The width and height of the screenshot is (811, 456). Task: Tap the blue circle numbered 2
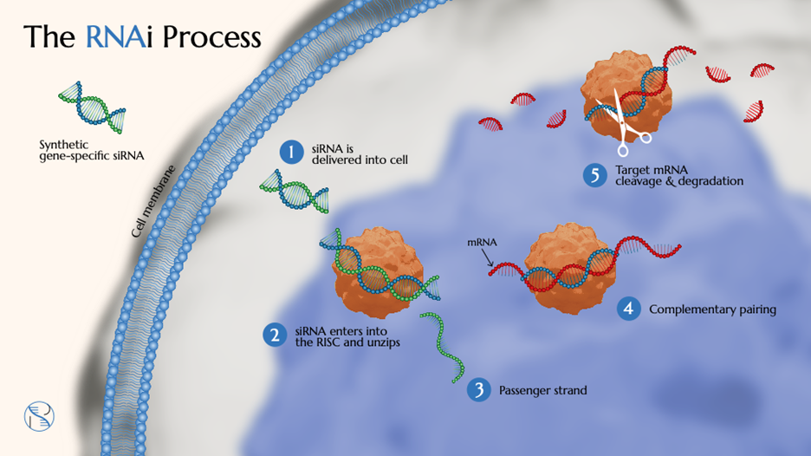click(x=276, y=335)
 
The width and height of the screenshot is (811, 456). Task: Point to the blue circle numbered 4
click(x=629, y=309)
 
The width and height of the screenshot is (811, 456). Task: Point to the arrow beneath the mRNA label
click(x=490, y=257)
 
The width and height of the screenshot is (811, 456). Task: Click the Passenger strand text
click(x=542, y=390)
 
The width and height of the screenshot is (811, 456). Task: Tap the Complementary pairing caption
click(x=712, y=309)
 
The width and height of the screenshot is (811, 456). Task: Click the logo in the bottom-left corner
click(x=39, y=417)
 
